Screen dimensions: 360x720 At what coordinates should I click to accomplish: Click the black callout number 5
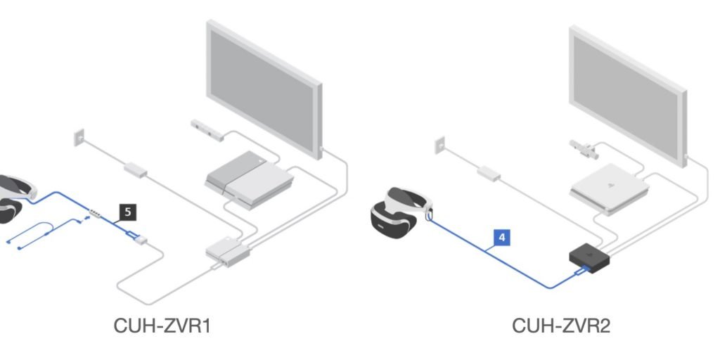127,210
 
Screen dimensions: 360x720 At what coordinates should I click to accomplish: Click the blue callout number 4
501,238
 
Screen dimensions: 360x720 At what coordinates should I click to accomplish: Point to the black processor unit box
590,259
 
